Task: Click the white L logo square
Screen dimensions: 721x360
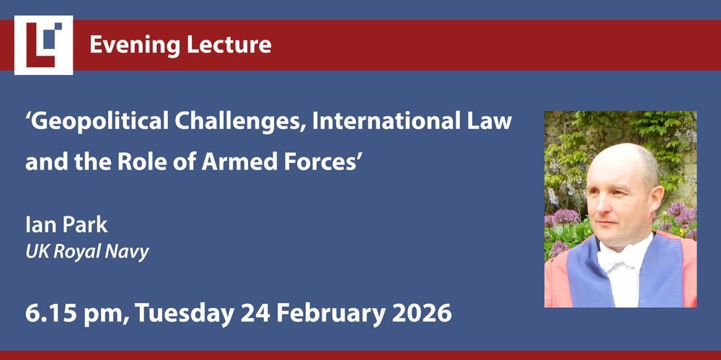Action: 44,45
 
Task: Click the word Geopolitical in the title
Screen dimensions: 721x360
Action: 95,121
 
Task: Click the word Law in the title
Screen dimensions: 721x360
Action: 492,121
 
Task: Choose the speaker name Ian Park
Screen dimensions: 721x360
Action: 66,225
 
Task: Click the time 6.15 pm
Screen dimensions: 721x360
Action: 76,313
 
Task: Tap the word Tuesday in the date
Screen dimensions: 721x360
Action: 184,314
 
